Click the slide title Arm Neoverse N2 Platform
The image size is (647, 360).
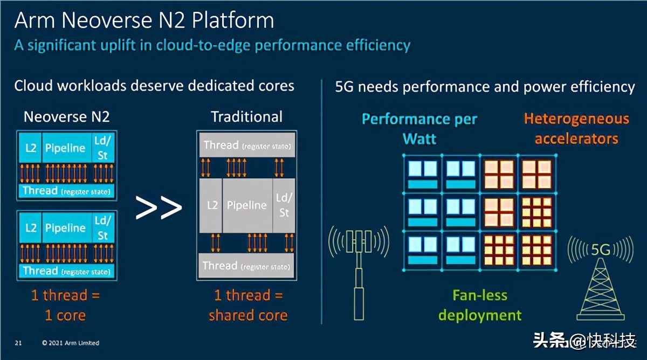pyautogui.click(x=144, y=20)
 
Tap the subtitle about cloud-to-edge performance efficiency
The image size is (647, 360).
pyautogui.click(x=212, y=45)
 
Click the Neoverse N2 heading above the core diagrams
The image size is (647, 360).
pyautogui.click(x=67, y=117)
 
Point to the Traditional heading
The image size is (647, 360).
pyautogui.click(x=246, y=117)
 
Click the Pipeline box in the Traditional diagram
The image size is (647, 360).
pyautogui.click(x=246, y=205)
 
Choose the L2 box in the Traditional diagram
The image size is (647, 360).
pyautogui.click(x=212, y=205)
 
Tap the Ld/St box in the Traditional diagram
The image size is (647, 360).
pyautogui.click(x=284, y=205)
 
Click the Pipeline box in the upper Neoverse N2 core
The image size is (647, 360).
pyautogui.click(x=65, y=148)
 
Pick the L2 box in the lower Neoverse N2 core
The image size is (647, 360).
pyautogui.click(x=31, y=228)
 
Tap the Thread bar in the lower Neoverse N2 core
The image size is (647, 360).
pyautogui.click(x=66, y=271)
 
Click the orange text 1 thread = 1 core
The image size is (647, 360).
pyautogui.click(x=65, y=305)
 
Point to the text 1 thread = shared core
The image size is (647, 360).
pyautogui.click(x=247, y=305)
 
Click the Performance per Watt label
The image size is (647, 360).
pyautogui.click(x=419, y=129)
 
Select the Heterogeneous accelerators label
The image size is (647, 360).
pyautogui.click(x=576, y=128)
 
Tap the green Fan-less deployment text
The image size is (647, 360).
pyautogui.click(x=480, y=305)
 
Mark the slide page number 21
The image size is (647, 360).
pyautogui.click(x=18, y=343)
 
